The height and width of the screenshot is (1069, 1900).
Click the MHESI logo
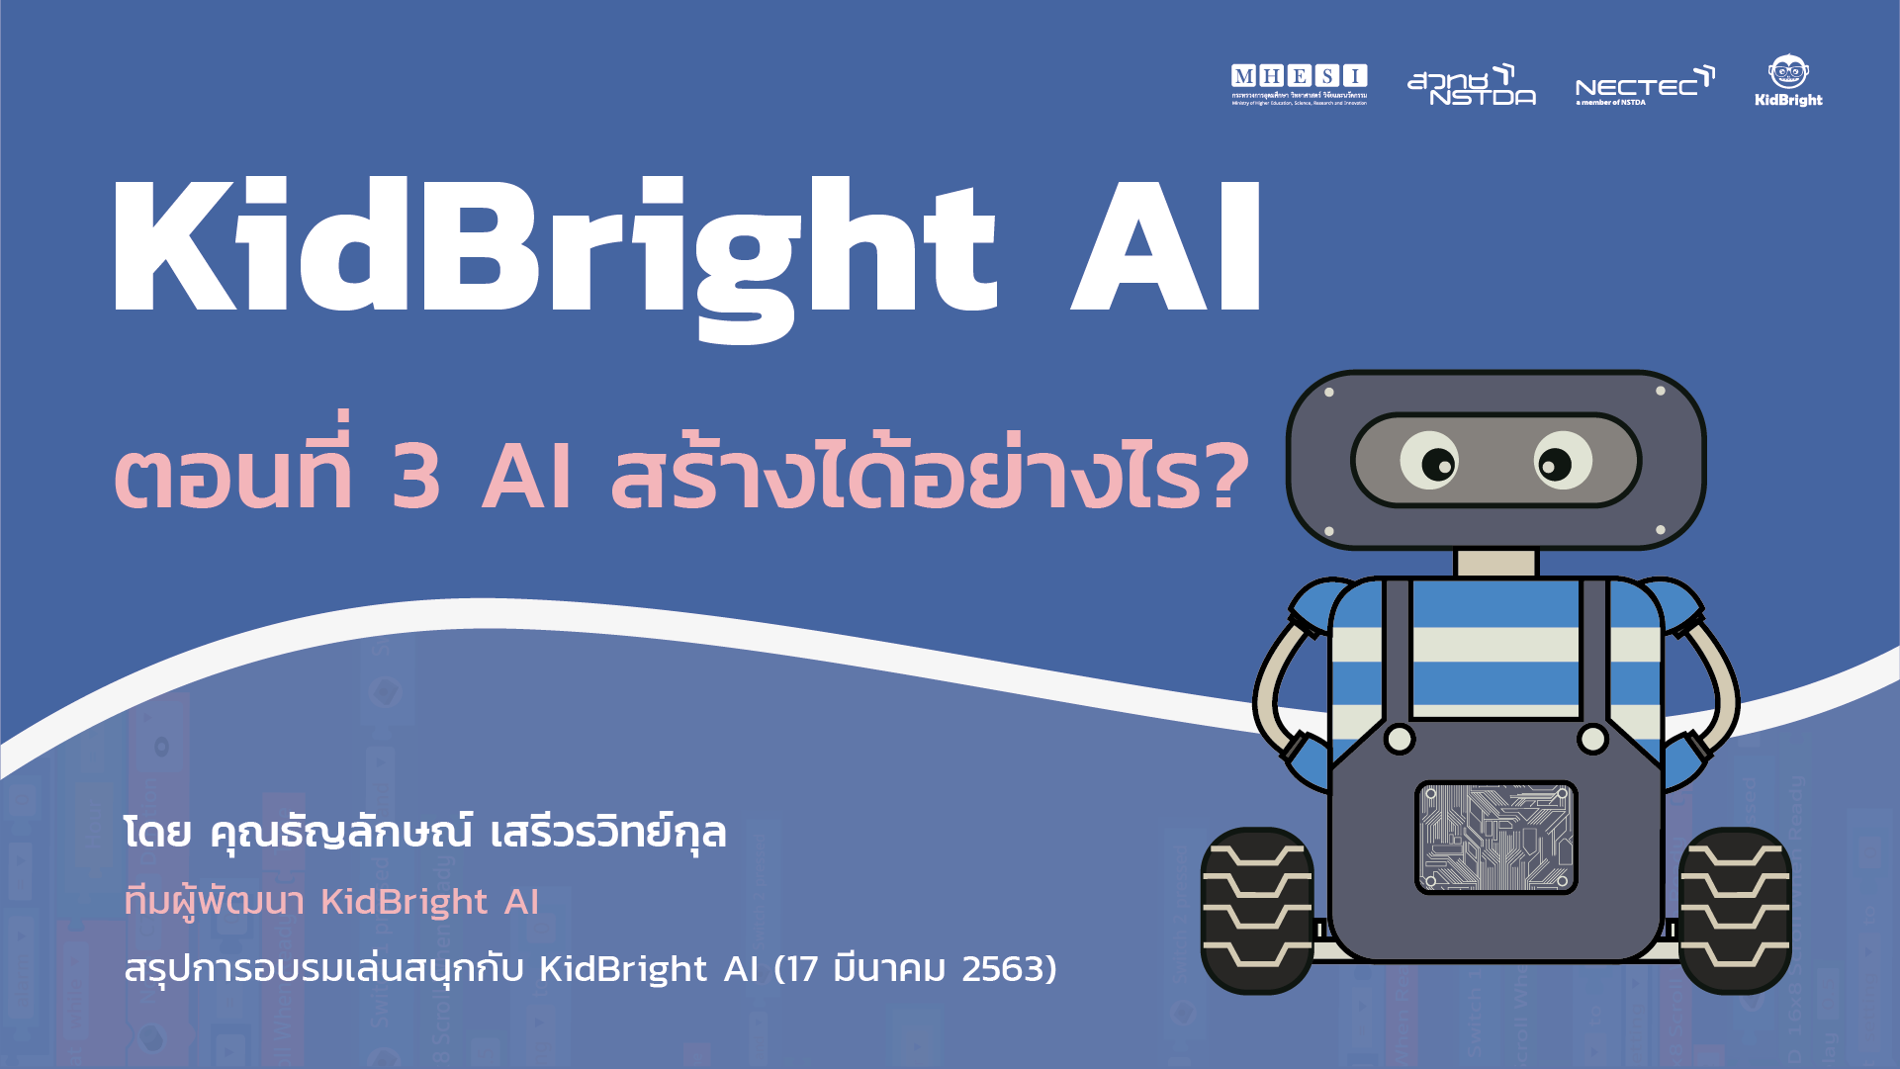[x=1299, y=84]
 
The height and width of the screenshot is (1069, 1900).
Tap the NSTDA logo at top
[x=1471, y=86]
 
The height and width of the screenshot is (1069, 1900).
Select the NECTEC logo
[x=1644, y=87]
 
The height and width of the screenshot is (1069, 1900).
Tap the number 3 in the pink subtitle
[x=416, y=477]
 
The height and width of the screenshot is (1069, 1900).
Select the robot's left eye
[x=1430, y=461]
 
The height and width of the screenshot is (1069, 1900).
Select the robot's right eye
[x=1563, y=461]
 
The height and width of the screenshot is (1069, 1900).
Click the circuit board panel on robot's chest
[x=1495, y=838]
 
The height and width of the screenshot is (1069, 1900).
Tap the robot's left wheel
[x=1257, y=910]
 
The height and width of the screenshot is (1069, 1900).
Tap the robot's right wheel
[x=1735, y=910]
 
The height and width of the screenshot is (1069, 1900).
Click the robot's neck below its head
[x=1495, y=563]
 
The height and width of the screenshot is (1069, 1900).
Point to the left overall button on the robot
[x=1400, y=738]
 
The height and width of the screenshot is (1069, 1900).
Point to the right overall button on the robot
[x=1592, y=738]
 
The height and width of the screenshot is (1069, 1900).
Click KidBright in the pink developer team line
[x=405, y=902]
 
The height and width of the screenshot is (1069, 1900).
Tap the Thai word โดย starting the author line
[x=157, y=833]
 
